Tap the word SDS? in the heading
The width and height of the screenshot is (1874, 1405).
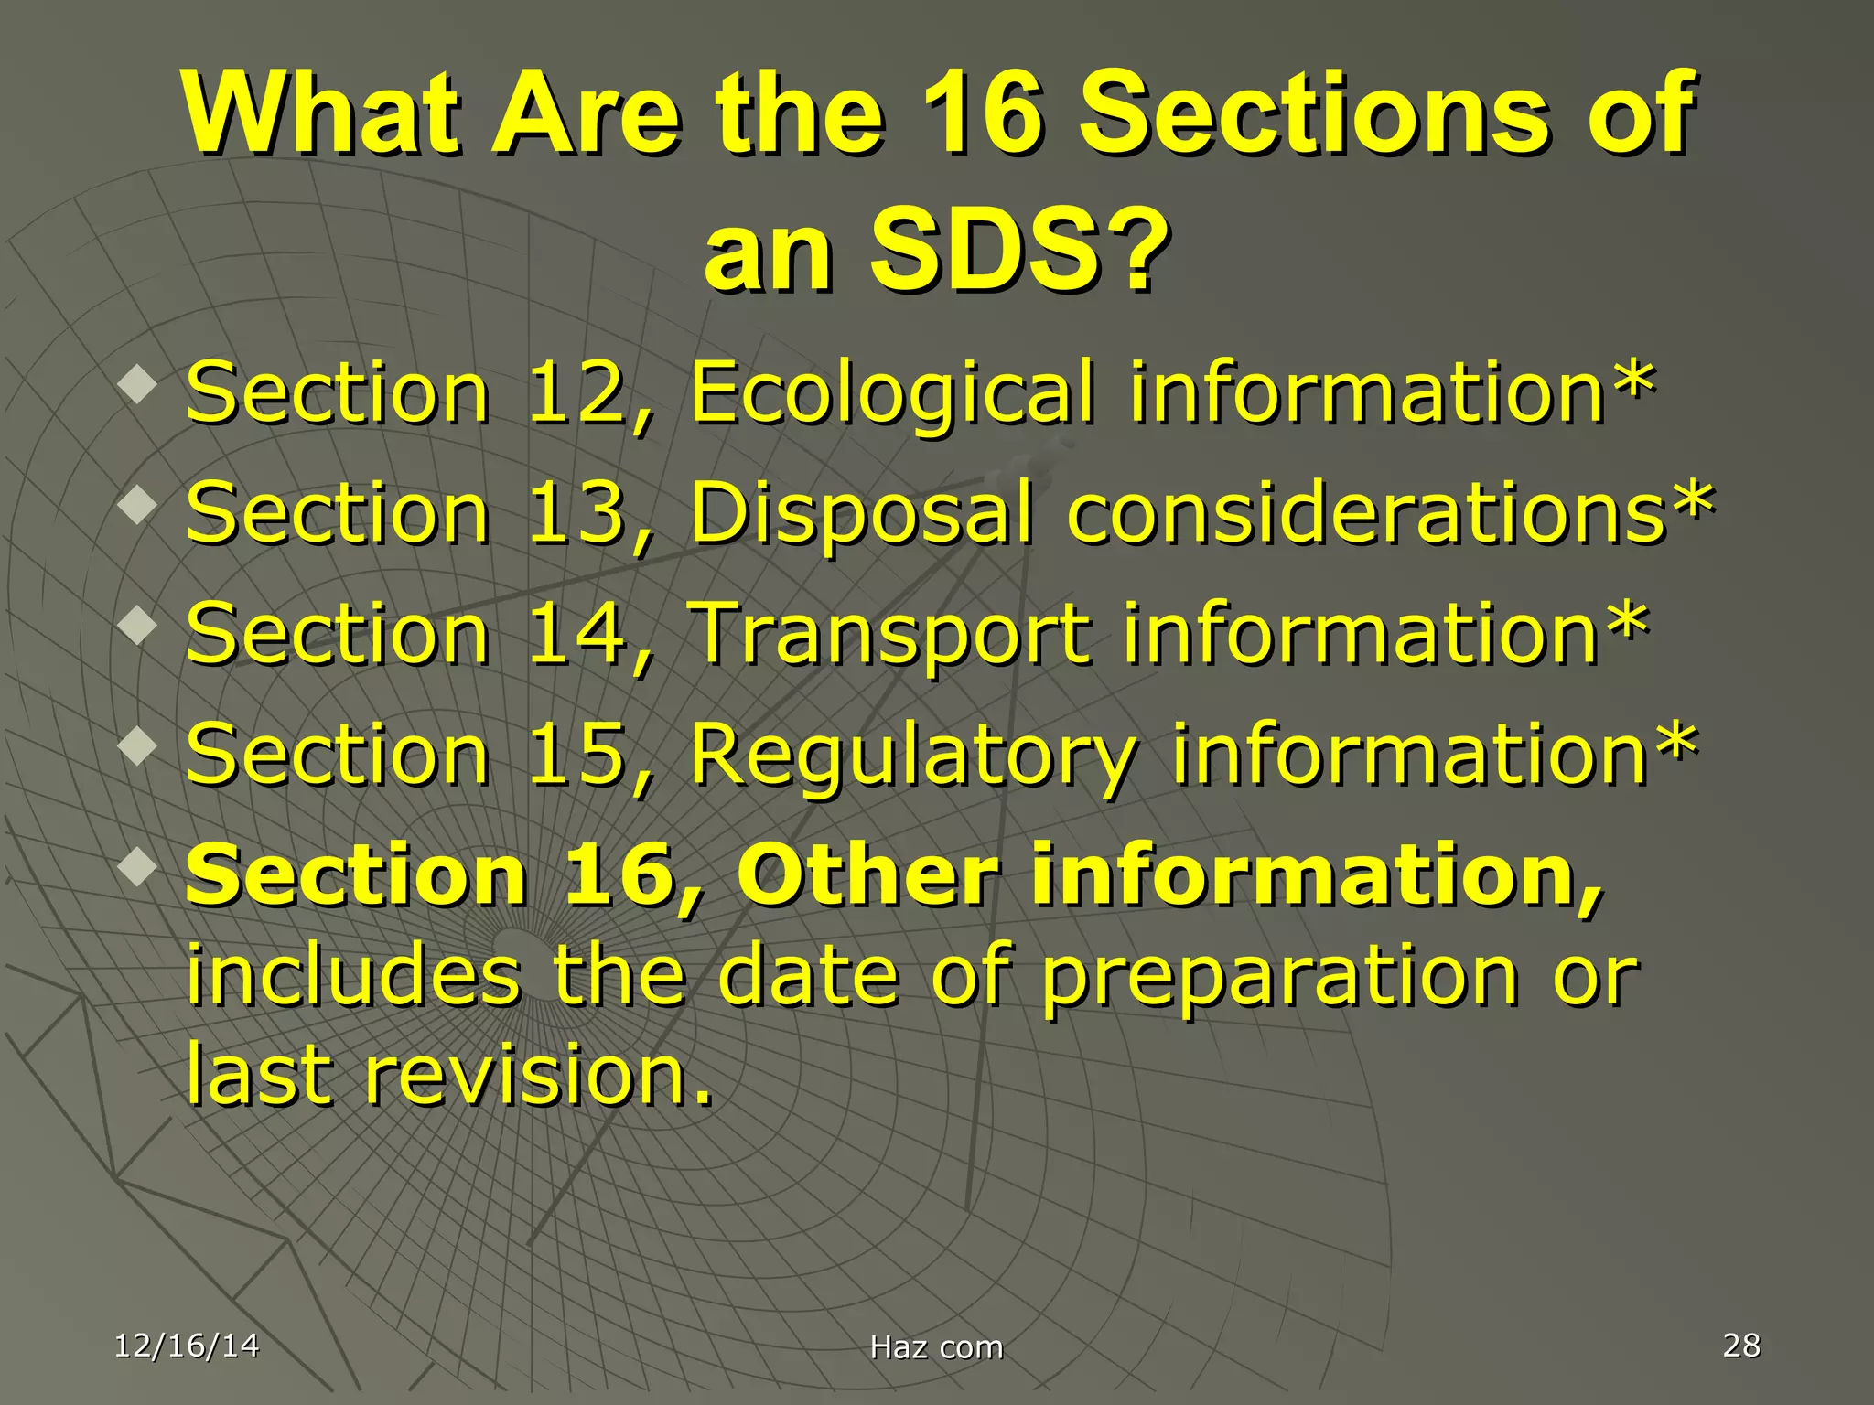coord(1020,249)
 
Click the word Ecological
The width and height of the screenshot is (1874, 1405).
coord(892,393)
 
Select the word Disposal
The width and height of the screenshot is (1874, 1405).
coord(860,513)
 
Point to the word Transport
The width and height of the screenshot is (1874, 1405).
coord(889,635)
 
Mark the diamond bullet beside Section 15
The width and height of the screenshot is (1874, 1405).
coord(138,745)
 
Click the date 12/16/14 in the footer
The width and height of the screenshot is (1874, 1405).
coord(187,1346)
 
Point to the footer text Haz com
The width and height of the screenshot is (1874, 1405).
coord(936,1347)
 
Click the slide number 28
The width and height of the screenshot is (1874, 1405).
coord(1740,1346)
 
